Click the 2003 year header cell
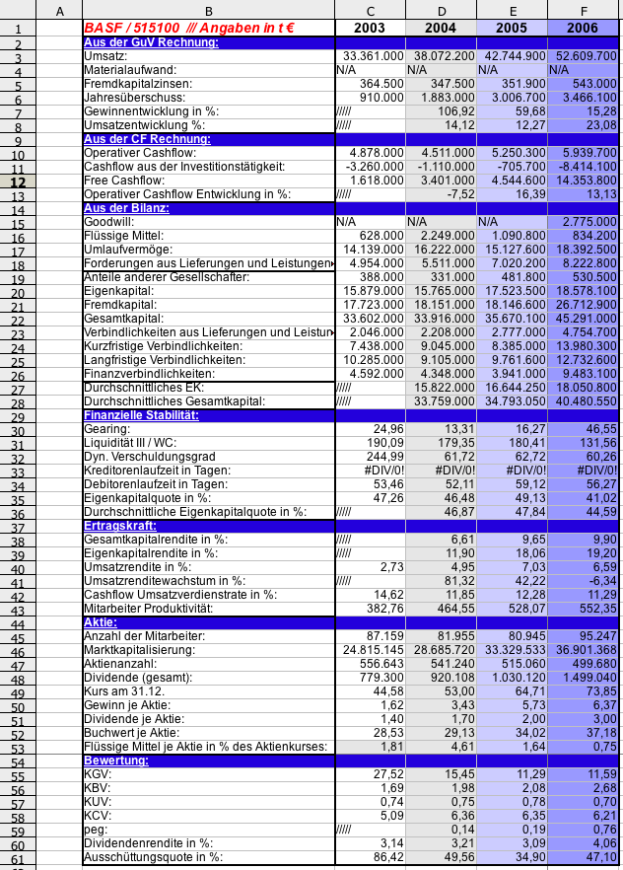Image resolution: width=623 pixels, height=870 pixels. point(370,28)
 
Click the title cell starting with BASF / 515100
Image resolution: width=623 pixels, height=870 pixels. point(188,28)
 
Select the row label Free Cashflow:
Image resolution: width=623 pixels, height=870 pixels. point(126,181)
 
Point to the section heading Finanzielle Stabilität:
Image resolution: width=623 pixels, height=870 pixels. point(142,415)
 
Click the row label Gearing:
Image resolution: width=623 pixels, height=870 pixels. point(107,429)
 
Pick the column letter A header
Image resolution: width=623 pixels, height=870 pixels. point(59,10)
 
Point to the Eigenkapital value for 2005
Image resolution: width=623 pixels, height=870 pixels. point(513,291)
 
